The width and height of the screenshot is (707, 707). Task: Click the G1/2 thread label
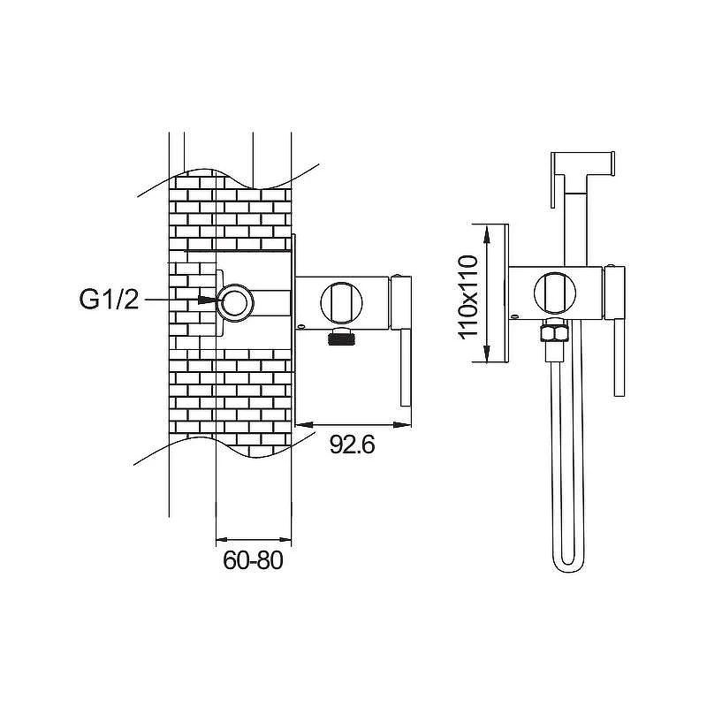tap(109, 299)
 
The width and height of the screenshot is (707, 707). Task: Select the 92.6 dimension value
tap(352, 445)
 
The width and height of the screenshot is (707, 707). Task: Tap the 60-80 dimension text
tap(253, 560)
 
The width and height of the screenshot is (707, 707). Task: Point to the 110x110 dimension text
tap(468, 297)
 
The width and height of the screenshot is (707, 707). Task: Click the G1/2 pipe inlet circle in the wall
tap(235, 302)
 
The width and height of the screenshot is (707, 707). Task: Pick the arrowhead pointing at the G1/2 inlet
tap(208, 300)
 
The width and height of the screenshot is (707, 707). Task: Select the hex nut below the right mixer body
tap(555, 332)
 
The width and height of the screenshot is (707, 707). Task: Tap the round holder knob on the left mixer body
tap(341, 303)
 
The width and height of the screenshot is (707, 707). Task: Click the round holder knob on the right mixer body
tap(555, 293)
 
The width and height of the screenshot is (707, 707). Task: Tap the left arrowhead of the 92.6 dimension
tap(304, 424)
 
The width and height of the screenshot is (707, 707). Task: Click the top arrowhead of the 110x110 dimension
tap(486, 234)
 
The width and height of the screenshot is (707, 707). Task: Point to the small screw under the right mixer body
tap(514, 316)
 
